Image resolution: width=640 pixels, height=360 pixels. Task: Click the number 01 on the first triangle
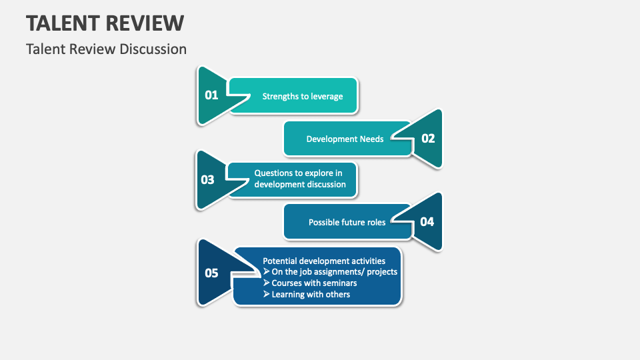point(211,95)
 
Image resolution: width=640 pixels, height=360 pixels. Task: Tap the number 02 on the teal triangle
point(427,139)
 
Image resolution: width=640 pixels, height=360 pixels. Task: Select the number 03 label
point(207,180)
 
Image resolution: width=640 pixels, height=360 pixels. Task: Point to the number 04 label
point(427,222)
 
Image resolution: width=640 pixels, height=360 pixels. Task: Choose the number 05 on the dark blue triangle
point(211,273)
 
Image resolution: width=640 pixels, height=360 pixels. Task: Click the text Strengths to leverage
point(302,96)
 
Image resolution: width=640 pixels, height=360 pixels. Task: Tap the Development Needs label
point(345,139)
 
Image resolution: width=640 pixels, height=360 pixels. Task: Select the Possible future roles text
point(347,222)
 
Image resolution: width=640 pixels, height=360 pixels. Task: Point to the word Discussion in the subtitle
point(153,49)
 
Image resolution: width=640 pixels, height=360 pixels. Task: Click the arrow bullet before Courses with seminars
point(267,283)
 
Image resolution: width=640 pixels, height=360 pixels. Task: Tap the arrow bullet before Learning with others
point(267,294)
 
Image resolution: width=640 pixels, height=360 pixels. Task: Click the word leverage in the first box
point(325,96)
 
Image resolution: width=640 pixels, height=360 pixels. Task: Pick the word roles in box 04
point(375,222)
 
